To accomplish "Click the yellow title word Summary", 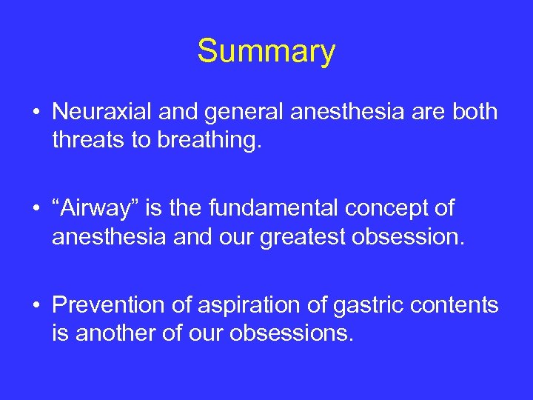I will pos(266,52).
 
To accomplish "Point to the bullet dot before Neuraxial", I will pos(36,113).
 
